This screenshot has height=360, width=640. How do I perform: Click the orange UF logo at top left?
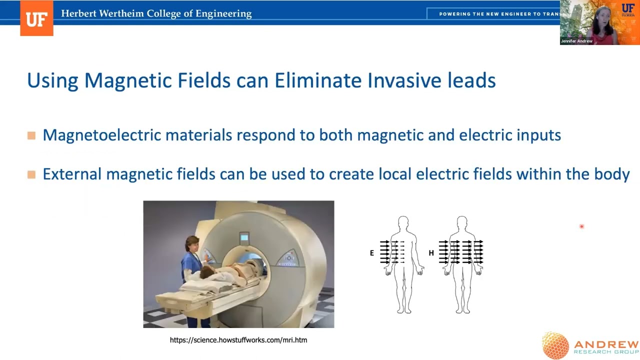[x=36, y=19]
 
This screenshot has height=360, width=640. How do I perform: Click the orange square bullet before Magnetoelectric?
[x=31, y=135]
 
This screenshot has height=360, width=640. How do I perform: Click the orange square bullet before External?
[x=31, y=174]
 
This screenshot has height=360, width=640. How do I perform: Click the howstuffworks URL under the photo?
[x=238, y=340]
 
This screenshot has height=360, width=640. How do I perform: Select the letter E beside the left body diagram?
[x=372, y=253]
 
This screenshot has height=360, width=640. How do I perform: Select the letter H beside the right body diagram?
[x=431, y=253]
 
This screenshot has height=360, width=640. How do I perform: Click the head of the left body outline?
[x=403, y=222]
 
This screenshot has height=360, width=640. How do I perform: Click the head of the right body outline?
[x=462, y=222]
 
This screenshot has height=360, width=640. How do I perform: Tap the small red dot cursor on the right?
[x=581, y=226]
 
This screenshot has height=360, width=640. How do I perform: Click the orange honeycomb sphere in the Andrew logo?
[x=555, y=345]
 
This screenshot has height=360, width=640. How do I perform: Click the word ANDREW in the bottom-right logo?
[x=606, y=344]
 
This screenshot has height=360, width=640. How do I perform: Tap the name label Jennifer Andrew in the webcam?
[x=577, y=41]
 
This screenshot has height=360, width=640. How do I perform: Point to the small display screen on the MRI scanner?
[x=244, y=237]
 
